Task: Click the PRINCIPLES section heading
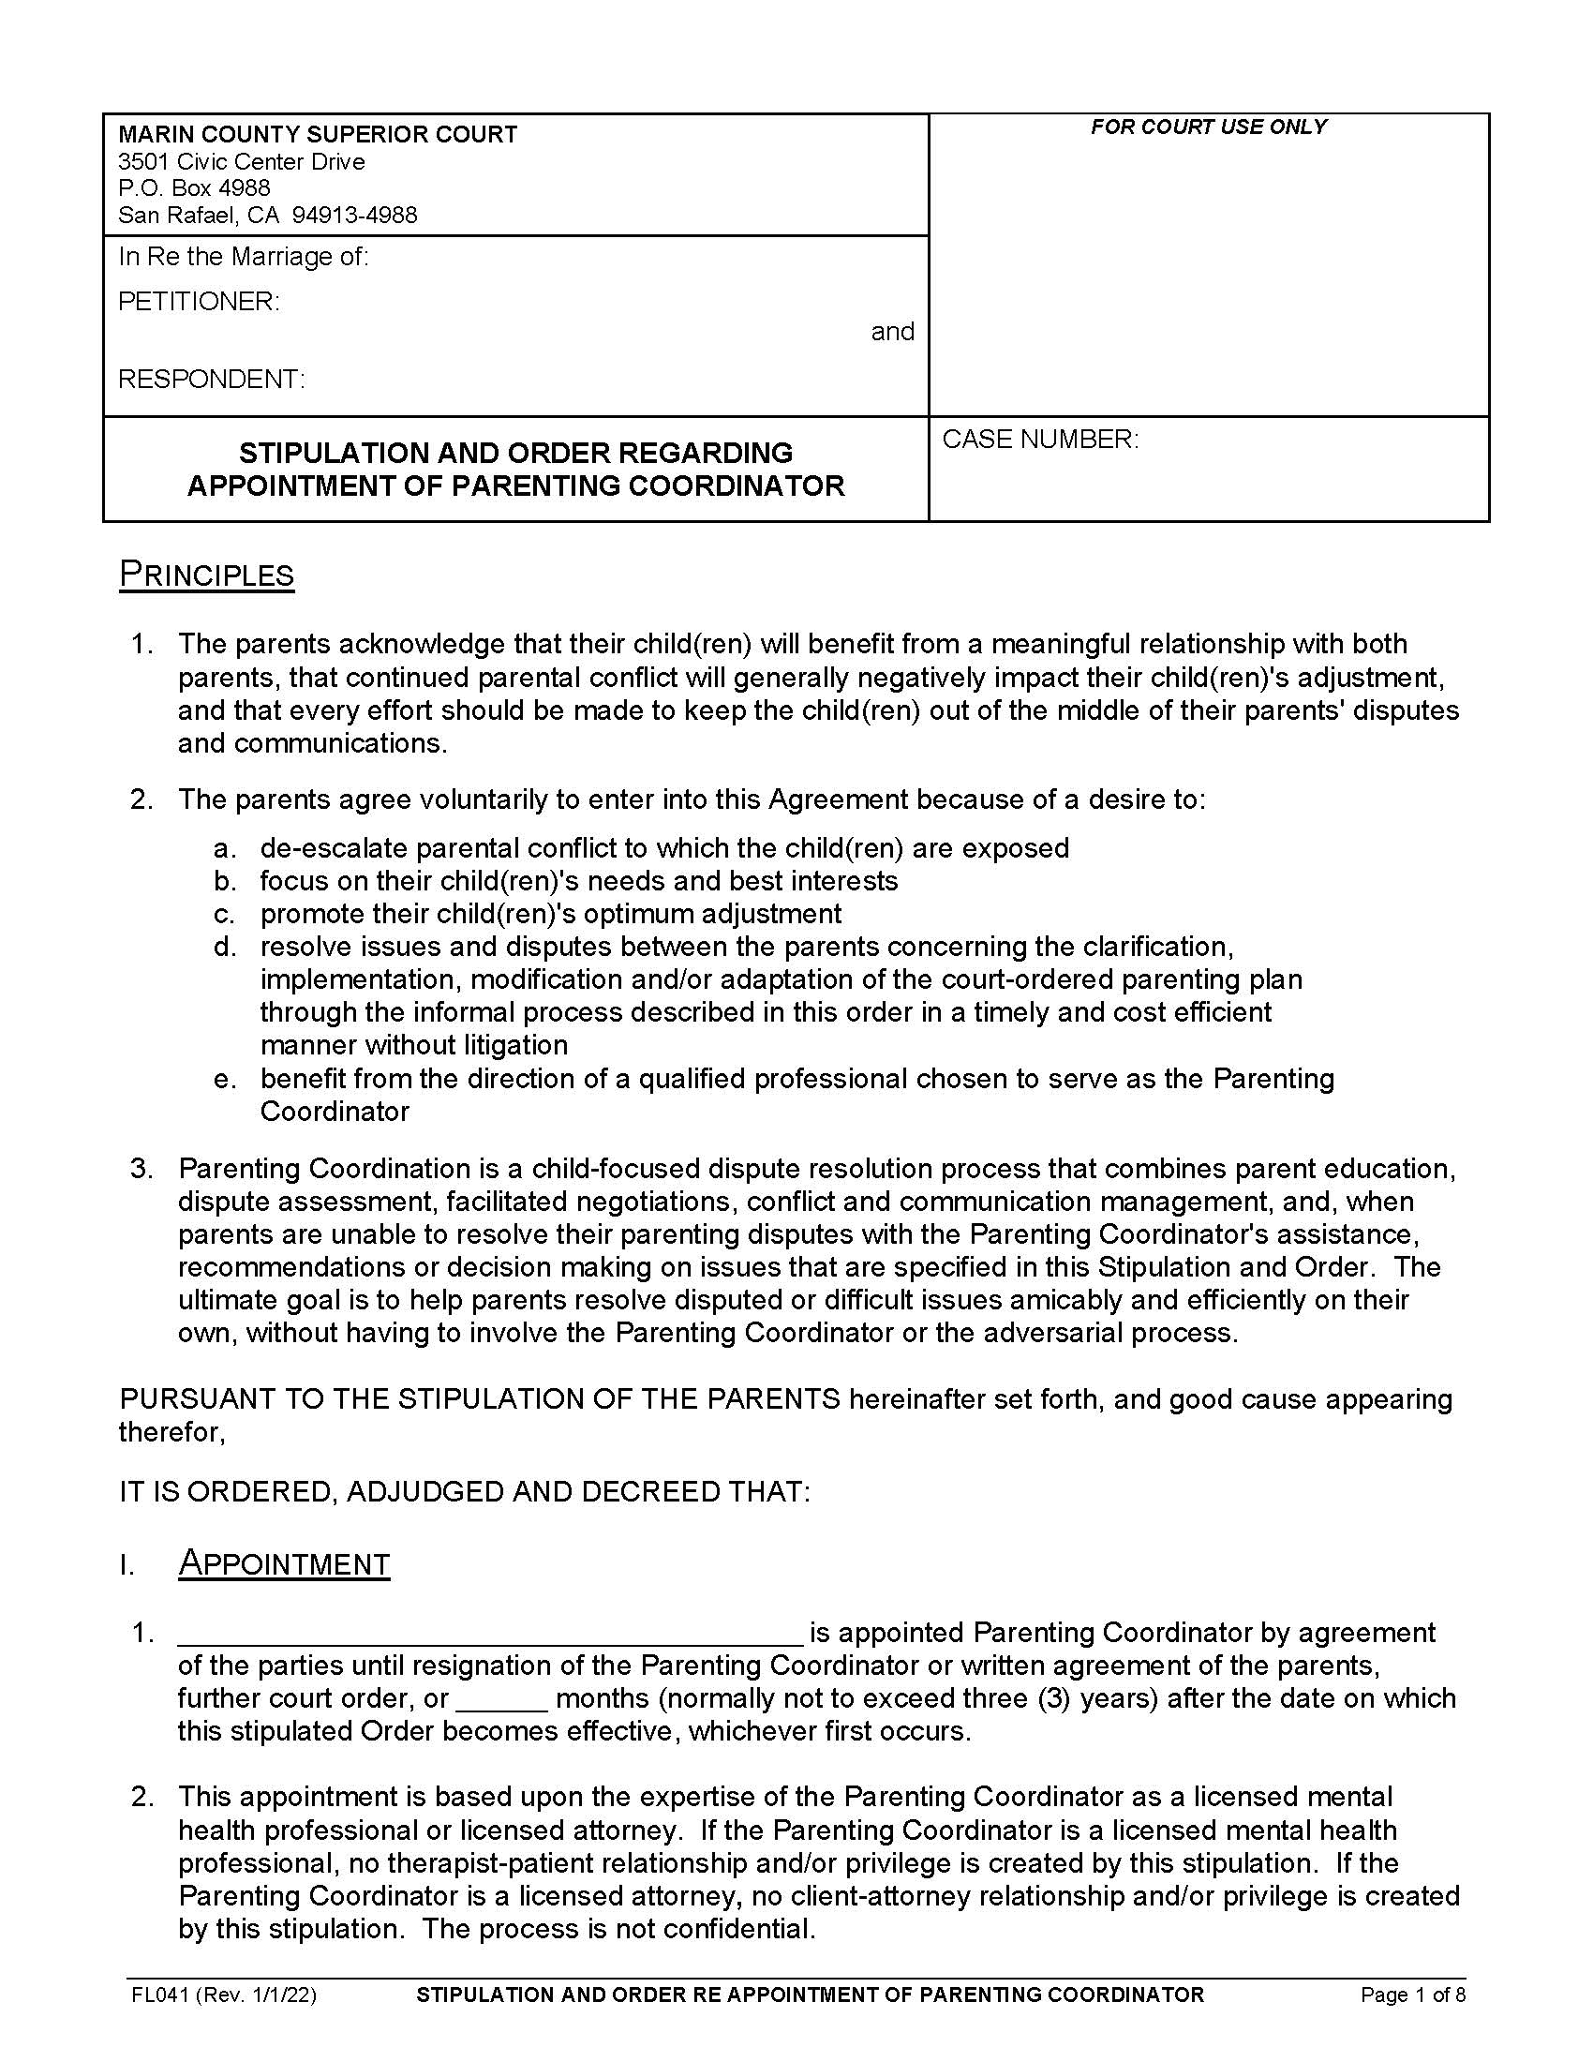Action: [x=207, y=575]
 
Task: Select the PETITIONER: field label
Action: [x=199, y=301]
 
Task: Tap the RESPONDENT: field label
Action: [x=212, y=379]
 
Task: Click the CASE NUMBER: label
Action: [x=1040, y=439]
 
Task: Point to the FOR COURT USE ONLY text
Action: [x=1208, y=127]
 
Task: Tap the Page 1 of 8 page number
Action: [x=1412, y=1995]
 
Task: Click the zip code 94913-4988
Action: [x=355, y=216]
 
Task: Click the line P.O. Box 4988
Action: [x=194, y=187]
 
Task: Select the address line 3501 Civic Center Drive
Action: [x=242, y=161]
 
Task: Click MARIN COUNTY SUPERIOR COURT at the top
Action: [x=318, y=134]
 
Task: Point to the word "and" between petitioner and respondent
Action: [x=892, y=332]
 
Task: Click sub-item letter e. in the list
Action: [x=225, y=1078]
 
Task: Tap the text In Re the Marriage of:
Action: [x=244, y=256]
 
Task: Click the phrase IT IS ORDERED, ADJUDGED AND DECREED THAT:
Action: [x=464, y=1492]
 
